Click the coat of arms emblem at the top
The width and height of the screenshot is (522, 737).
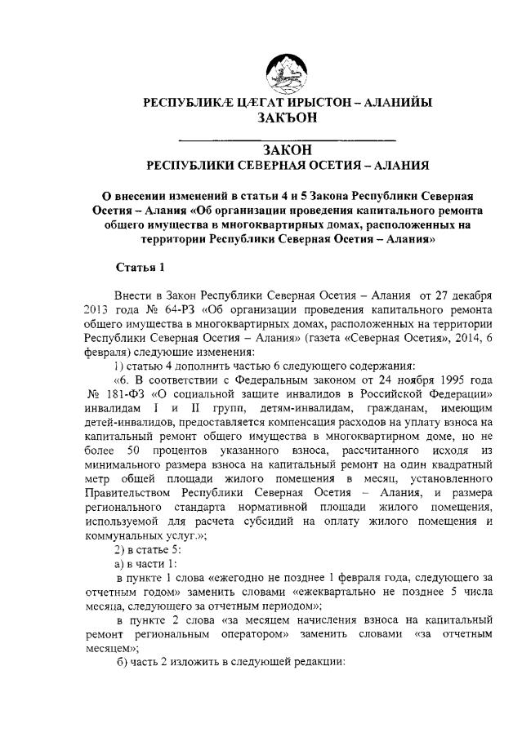[287, 71]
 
